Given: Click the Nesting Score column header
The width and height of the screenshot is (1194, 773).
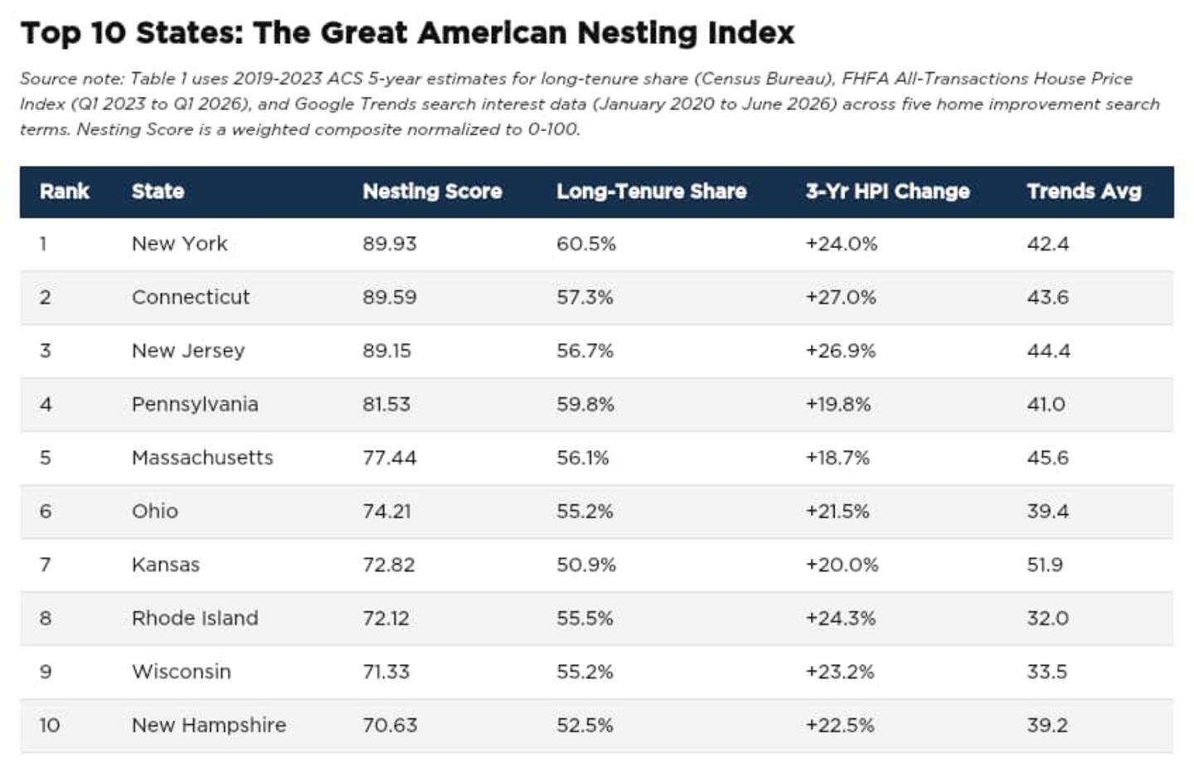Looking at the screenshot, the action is [x=432, y=192].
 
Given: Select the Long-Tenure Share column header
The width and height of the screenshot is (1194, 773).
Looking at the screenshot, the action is [x=652, y=192].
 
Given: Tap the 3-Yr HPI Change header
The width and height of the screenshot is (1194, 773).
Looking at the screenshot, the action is [x=887, y=192].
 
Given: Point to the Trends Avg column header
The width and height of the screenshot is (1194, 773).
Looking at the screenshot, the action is [x=1085, y=192].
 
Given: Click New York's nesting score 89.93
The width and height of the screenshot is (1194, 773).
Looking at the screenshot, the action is [x=390, y=244].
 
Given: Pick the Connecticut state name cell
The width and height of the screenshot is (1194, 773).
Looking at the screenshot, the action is [x=191, y=297].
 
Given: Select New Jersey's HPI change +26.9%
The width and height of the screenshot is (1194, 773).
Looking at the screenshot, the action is [x=841, y=351].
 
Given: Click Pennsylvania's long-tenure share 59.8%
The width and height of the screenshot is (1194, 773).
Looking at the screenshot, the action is [x=585, y=404].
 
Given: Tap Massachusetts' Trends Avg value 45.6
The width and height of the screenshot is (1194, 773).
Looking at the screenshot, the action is [x=1048, y=457].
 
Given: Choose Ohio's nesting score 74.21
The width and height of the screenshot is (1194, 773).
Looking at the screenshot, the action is [x=387, y=511].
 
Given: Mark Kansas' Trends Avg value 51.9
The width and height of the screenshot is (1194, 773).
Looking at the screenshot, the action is [x=1046, y=565].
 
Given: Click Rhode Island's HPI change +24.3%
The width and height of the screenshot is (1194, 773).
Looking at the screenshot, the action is [x=841, y=619].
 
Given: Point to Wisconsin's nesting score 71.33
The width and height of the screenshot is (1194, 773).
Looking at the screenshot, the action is [x=386, y=672].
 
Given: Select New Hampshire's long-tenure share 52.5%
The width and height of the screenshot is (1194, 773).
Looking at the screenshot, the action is [x=585, y=725].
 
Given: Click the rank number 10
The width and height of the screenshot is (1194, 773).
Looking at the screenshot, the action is [x=50, y=725].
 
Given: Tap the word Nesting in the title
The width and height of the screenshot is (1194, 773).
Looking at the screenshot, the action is [x=638, y=33].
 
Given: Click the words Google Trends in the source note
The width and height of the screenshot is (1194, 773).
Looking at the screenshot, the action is [x=354, y=104].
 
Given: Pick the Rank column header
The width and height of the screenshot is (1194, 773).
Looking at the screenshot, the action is [x=64, y=192].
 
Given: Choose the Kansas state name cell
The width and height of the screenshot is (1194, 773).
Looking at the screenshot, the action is [x=166, y=565].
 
